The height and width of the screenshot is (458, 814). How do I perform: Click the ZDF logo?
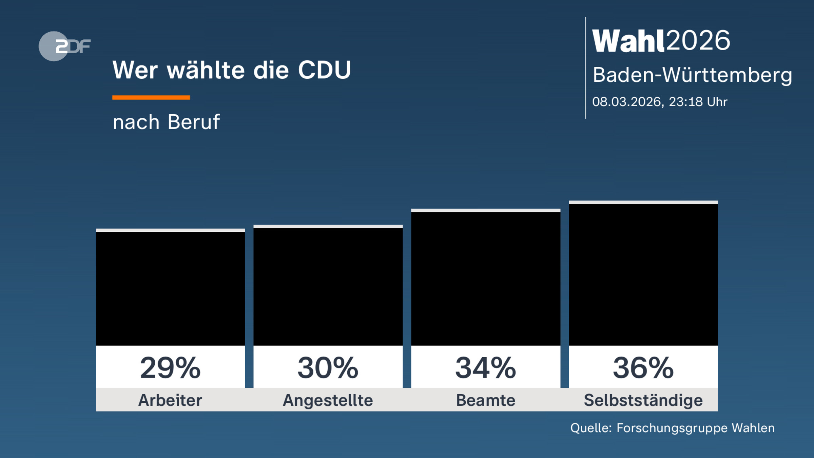click(64, 46)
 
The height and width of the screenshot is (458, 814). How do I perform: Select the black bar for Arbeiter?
click(170, 288)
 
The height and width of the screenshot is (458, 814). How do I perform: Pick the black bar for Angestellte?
click(328, 287)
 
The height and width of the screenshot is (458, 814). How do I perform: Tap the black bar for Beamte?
click(486, 278)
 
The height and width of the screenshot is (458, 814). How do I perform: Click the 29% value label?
click(170, 368)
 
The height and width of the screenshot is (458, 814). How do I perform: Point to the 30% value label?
click(328, 368)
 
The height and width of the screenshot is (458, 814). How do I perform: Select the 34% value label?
click(486, 368)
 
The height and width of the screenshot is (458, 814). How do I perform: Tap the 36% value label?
click(643, 368)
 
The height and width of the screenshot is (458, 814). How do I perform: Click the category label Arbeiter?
click(170, 400)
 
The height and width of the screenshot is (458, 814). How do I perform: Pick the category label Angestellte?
click(328, 400)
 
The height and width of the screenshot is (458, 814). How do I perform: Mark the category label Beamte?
click(486, 400)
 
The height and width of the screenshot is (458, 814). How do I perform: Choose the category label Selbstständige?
click(643, 400)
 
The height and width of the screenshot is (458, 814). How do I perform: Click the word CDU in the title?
click(324, 70)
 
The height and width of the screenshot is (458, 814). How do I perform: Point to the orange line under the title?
click(151, 97)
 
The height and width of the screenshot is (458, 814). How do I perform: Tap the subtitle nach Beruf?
click(166, 122)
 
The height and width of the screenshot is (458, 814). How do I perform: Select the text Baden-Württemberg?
click(692, 75)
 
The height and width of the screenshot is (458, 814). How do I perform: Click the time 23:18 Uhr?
click(698, 102)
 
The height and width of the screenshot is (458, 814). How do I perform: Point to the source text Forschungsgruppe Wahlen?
click(695, 428)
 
